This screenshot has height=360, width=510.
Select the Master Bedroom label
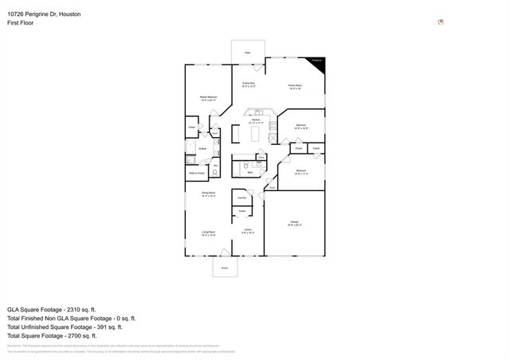click(208, 96)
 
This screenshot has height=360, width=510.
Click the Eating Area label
click(248, 83)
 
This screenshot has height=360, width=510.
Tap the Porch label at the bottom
click(224, 269)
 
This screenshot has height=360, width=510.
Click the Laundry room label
click(241, 198)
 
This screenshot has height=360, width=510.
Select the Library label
click(248, 229)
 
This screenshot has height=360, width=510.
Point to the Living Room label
click(208, 232)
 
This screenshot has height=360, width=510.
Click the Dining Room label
click(208, 193)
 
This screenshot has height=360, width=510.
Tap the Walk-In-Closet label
click(196, 173)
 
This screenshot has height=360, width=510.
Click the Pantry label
click(260, 157)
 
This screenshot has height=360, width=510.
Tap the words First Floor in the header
click(21, 24)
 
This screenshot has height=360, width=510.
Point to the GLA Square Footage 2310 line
click(51, 308)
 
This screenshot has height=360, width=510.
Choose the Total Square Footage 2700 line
click(52, 335)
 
